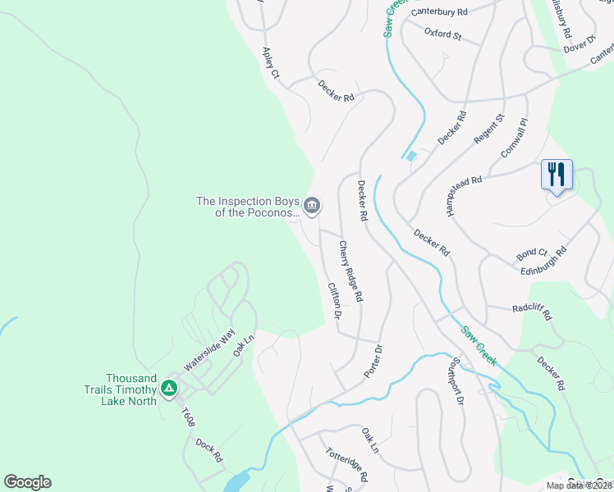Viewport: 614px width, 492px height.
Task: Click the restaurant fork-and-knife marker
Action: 557,175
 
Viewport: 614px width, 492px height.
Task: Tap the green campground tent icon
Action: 169,387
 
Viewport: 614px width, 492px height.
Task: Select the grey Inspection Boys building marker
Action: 312,206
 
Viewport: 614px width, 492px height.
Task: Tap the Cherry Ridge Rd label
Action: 351,270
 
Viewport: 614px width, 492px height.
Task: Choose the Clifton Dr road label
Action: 334,301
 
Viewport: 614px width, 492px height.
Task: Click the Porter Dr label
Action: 373,361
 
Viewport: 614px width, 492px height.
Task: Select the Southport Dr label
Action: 458,382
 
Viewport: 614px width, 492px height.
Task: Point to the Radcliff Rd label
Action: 532,313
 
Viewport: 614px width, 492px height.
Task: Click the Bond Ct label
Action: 532,253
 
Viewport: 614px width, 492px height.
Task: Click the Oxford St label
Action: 443,34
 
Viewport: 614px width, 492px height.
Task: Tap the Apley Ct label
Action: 271,63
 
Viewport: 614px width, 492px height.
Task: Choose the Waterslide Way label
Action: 209,351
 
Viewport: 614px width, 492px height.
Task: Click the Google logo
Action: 27,482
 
